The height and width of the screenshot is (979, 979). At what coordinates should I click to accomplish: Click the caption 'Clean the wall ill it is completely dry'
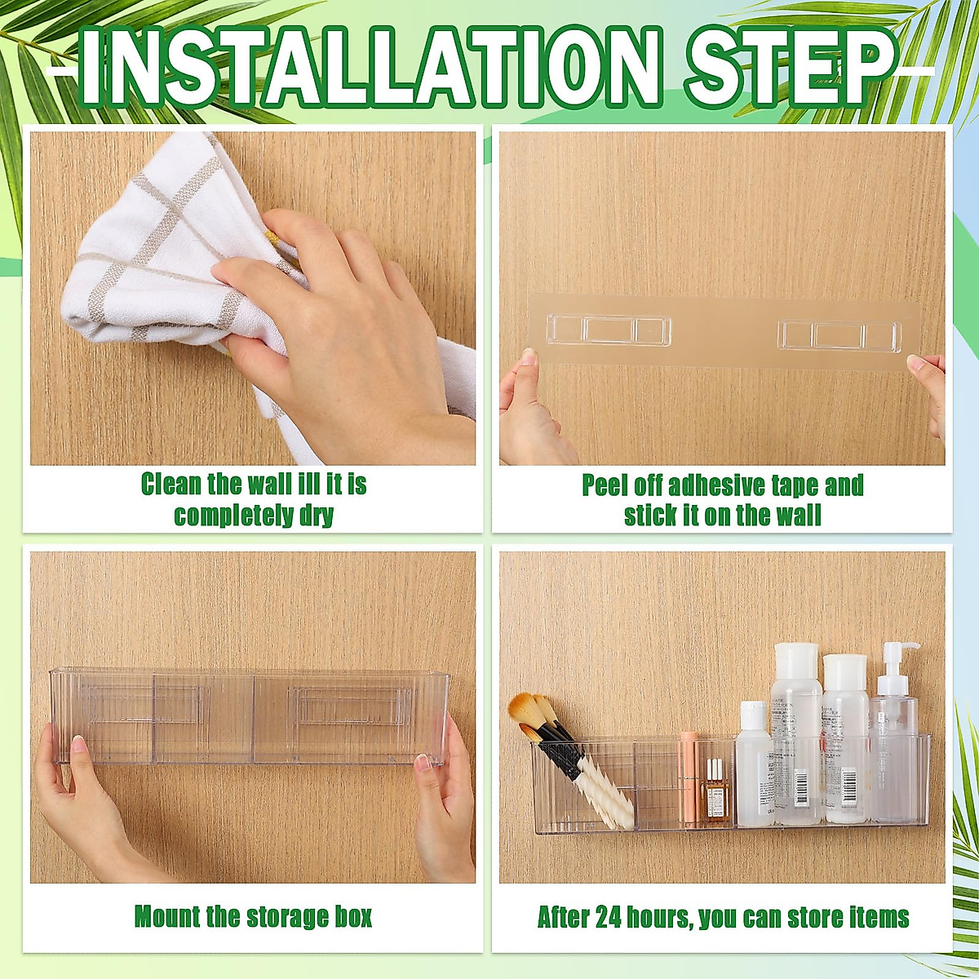tap(254, 499)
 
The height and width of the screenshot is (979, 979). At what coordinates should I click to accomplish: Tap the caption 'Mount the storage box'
tap(253, 916)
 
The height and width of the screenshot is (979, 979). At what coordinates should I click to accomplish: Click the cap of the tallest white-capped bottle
tap(795, 659)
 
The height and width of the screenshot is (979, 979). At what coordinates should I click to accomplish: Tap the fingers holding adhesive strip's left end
tap(522, 400)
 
